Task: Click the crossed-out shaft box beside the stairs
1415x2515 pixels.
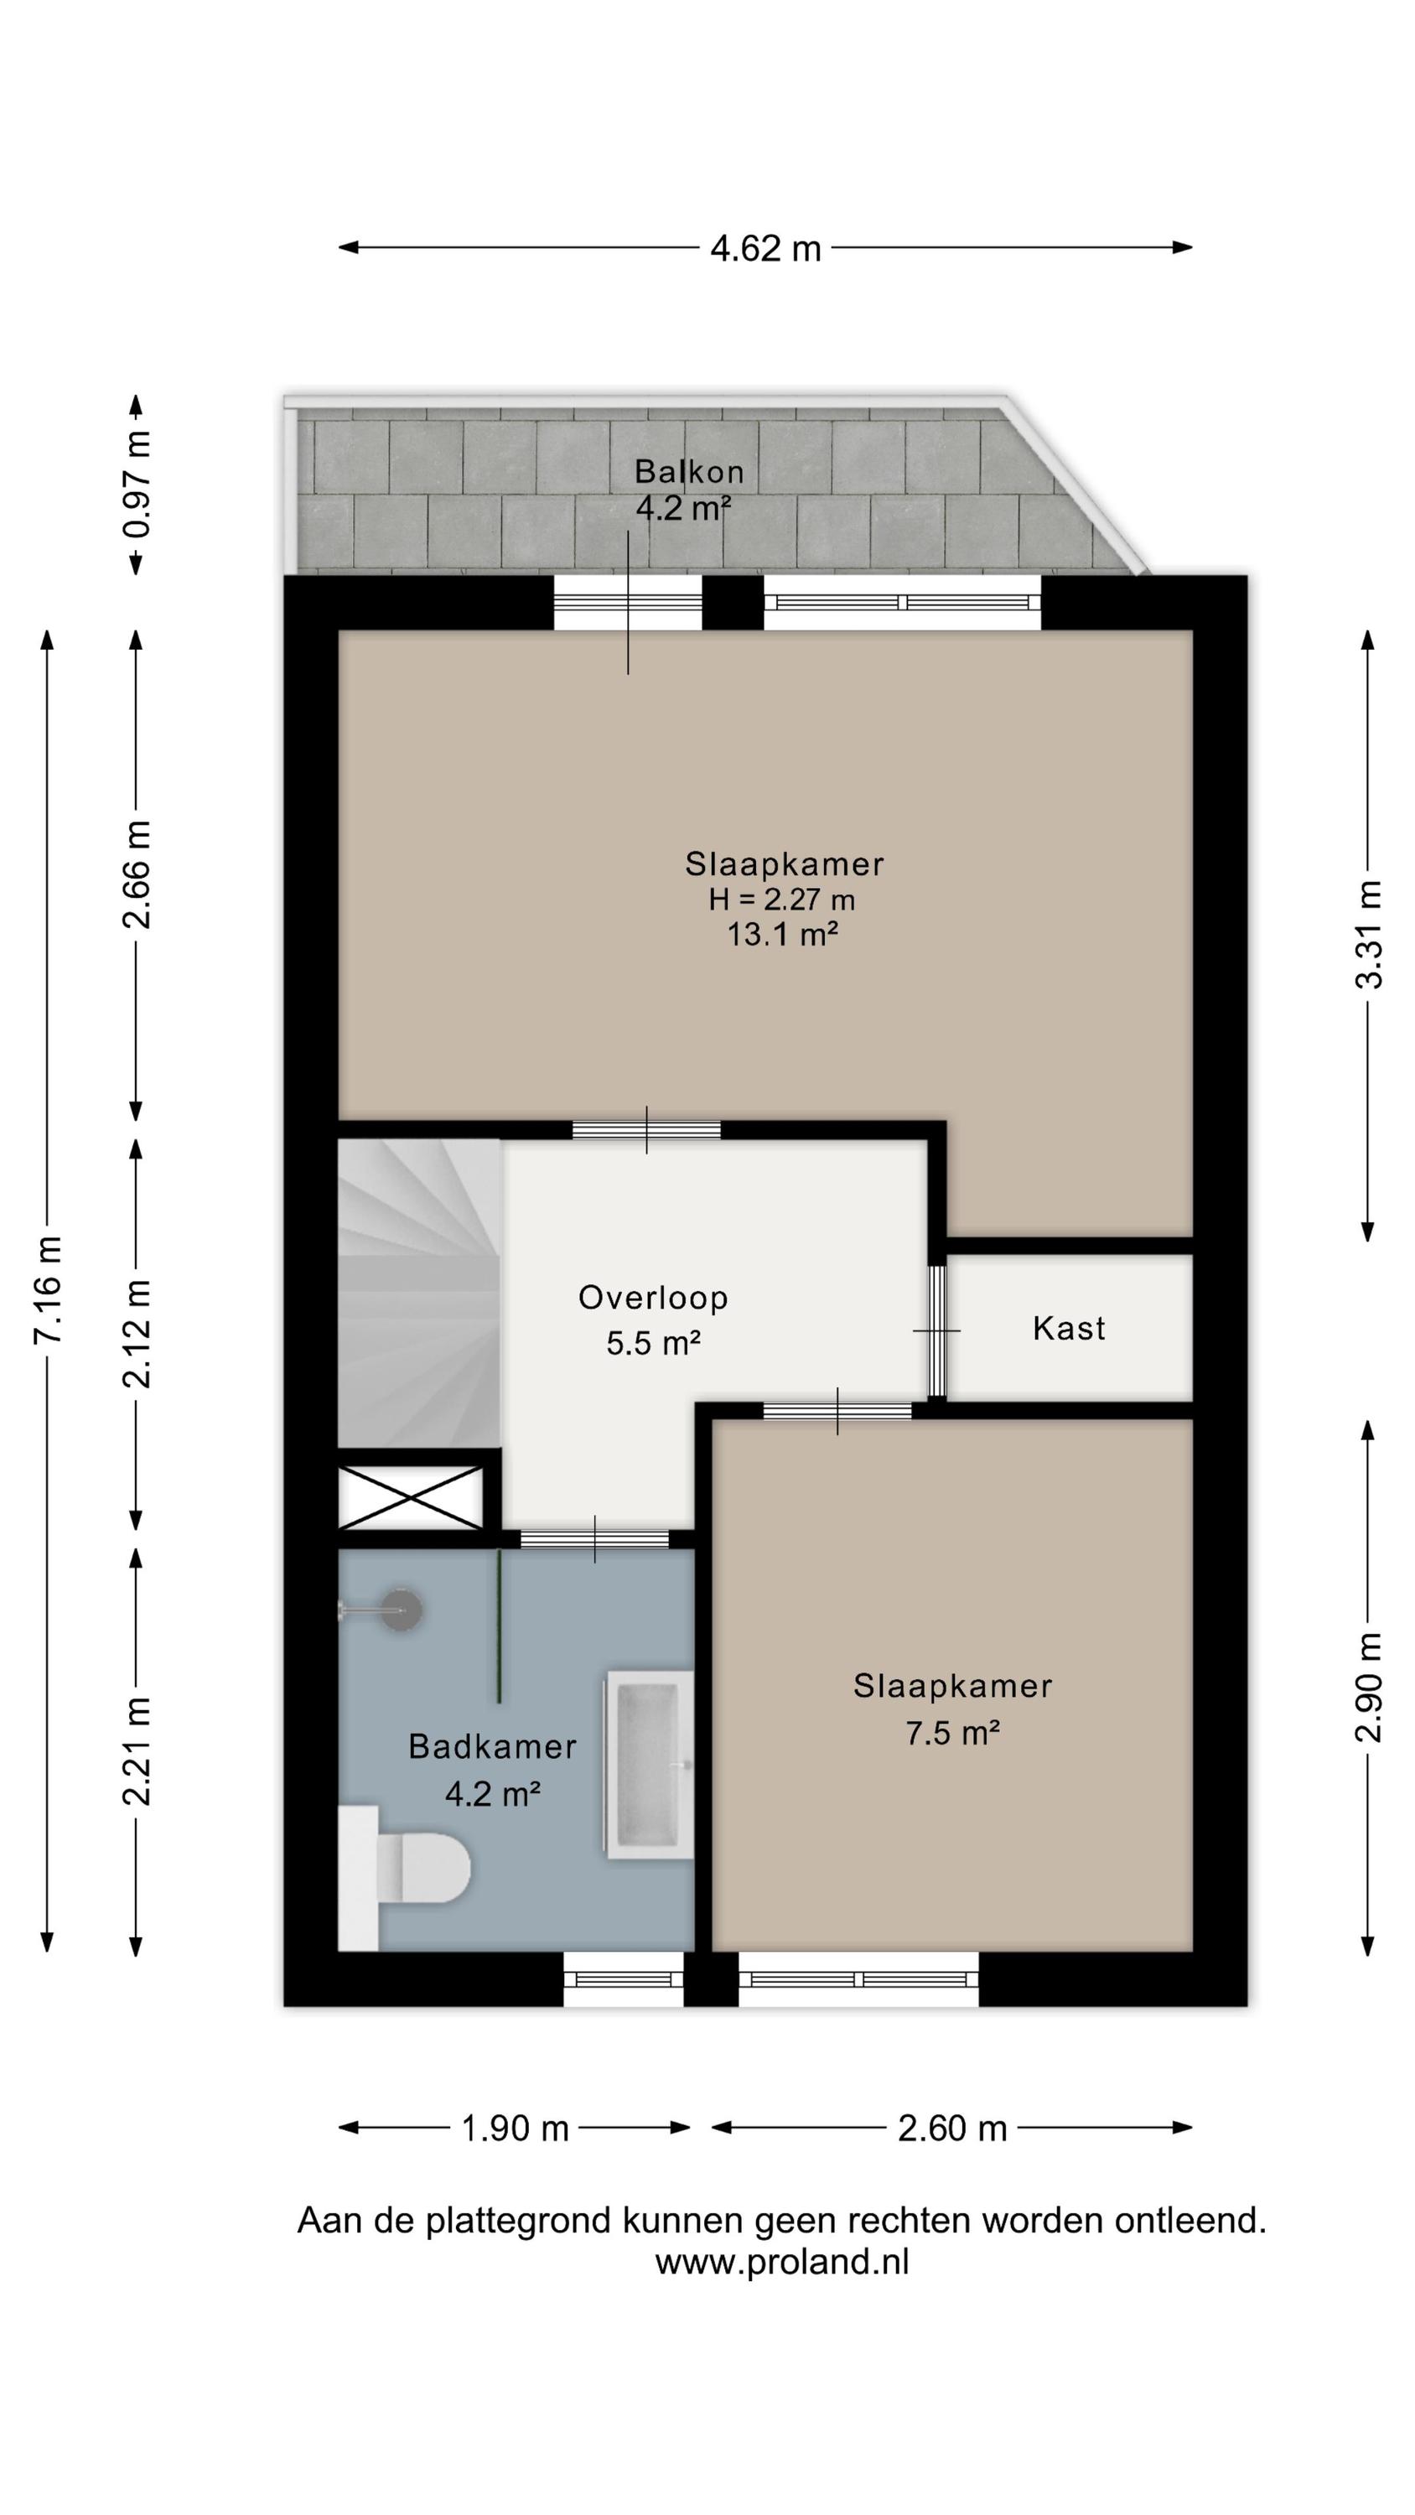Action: pos(411,1496)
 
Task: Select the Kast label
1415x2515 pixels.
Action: pos(1068,1328)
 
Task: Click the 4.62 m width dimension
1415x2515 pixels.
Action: pos(765,248)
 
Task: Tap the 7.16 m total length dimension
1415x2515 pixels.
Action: pos(47,1289)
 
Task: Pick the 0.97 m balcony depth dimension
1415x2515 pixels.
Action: pos(137,485)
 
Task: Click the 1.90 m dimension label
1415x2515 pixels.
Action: pos(515,2129)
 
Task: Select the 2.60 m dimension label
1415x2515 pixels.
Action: pos(952,2129)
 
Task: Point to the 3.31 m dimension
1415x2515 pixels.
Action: pos(1368,936)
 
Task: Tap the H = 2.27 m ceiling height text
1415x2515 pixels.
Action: pos(782,900)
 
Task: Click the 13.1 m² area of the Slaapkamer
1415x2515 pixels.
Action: pos(782,935)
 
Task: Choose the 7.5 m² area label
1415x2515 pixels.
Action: pos(952,1733)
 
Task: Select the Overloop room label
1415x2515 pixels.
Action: pos(653,1298)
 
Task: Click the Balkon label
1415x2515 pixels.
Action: pos(689,471)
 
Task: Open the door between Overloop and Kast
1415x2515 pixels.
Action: pos(937,1330)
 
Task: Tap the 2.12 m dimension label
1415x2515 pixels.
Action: pos(137,1333)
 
